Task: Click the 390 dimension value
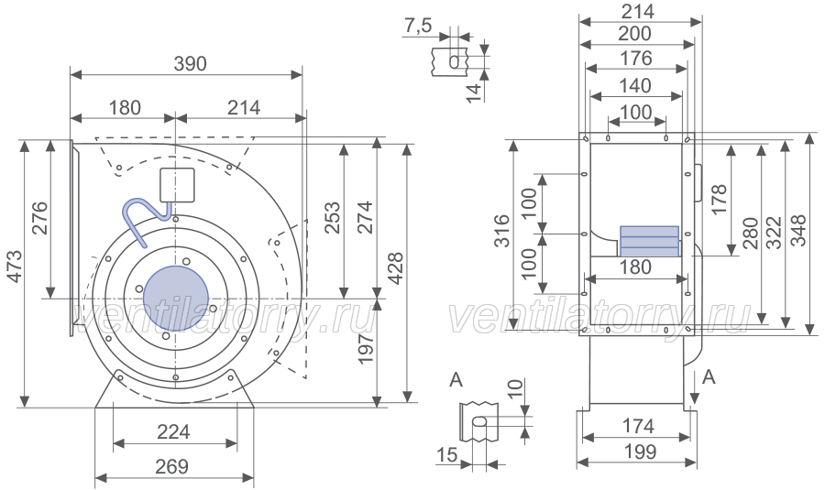[x=190, y=63]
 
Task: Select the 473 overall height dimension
[x=16, y=266]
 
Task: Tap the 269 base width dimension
[x=172, y=466]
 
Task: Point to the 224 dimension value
[x=173, y=432]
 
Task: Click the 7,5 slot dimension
[x=418, y=26]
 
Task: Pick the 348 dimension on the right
[x=797, y=231]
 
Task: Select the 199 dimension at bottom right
[x=639, y=452]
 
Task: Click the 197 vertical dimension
[x=366, y=347]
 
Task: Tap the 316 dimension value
[x=502, y=231]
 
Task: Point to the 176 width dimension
[x=636, y=59]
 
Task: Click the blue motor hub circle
[x=176, y=298]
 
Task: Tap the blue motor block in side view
[x=650, y=241]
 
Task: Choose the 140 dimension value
[x=636, y=86]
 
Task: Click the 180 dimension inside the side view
[x=636, y=267]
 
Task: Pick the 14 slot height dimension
[x=474, y=93]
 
